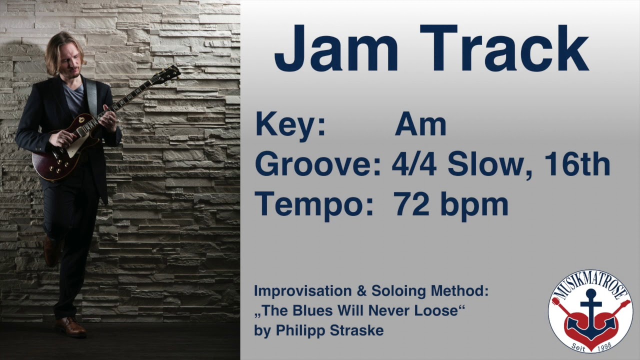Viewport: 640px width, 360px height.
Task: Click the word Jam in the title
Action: (335, 48)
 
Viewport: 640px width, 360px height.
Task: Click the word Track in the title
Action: (504, 48)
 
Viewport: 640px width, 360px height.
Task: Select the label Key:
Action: (290, 124)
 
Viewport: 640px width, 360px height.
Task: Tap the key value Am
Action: (420, 124)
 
